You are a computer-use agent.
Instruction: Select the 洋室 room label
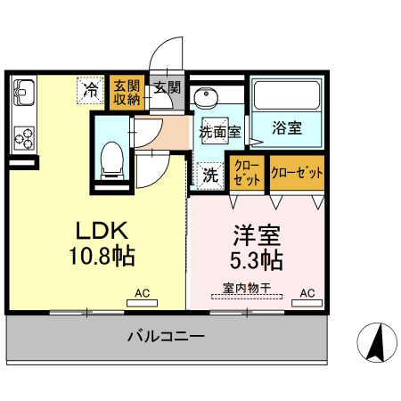click(x=257, y=236)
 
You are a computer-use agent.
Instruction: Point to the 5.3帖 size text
click(x=257, y=261)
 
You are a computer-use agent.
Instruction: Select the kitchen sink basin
click(x=24, y=92)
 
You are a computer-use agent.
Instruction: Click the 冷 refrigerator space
click(x=90, y=90)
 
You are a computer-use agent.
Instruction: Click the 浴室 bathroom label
click(x=286, y=128)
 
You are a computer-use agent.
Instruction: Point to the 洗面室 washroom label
click(x=218, y=131)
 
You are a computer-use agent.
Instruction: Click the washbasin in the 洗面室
click(x=206, y=97)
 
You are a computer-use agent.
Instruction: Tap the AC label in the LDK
click(x=142, y=292)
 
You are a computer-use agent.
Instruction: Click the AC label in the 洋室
click(x=307, y=292)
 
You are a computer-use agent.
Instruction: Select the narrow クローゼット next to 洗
click(x=247, y=173)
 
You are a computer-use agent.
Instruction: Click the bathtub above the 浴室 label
click(x=286, y=94)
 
